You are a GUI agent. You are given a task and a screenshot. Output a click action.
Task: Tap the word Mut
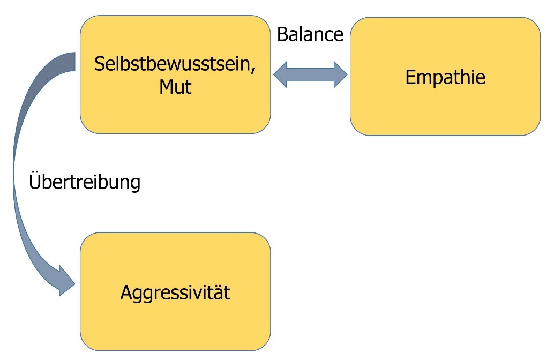[x=175, y=86]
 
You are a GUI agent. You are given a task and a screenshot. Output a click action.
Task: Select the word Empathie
[x=445, y=77]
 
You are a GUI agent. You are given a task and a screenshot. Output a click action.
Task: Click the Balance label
[x=310, y=34]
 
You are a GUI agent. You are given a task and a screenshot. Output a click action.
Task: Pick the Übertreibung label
[x=84, y=182]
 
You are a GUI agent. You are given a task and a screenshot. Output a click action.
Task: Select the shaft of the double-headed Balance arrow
[x=310, y=74]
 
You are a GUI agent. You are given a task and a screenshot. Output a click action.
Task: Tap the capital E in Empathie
[x=410, y=77]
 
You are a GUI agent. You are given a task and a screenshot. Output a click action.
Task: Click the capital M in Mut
[x=165, y=86]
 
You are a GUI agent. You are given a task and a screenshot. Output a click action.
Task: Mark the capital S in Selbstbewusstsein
[x=99, y=64]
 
